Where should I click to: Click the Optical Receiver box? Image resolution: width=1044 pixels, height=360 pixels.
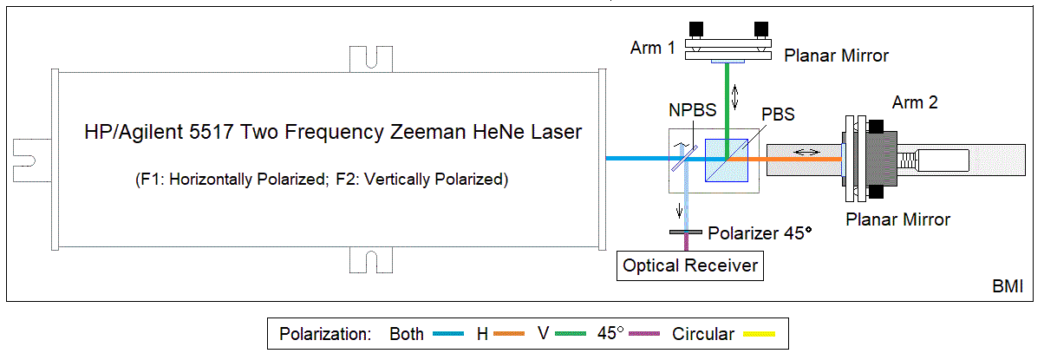tap(691, 265)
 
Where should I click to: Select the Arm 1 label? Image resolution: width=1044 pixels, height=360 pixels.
tap(653, 48)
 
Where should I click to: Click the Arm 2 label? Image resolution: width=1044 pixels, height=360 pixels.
tap(915, 103)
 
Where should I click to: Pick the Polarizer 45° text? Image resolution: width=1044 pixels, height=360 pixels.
tap(761, 233)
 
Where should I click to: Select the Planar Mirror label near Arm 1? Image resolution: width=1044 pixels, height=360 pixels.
tap(836, 56)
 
